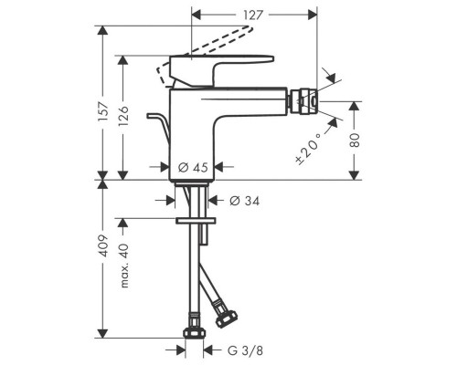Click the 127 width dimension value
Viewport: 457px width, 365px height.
pyautogui.click(x=253, y=15)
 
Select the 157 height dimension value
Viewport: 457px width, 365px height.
pyautogui.click(x=103, y=111)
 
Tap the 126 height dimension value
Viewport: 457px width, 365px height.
pyautogui.click(x=123, y=116)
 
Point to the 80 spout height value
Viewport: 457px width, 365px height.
pyautogui.click(x=355, y=141)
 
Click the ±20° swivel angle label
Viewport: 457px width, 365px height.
pyautogui.click(x=309, y=150)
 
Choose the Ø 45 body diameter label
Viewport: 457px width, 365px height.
pyautogui.click(x=193, y=167)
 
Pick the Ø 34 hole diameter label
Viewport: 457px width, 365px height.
pyautogui.click(x=245, y=201)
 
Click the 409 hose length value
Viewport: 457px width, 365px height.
pyautogui.click(x=103, y=245)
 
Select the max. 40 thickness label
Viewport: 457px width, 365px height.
pyautogui.click(x=124, y=266)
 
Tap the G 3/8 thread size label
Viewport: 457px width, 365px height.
pyautogui.click(x=245, y=350)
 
